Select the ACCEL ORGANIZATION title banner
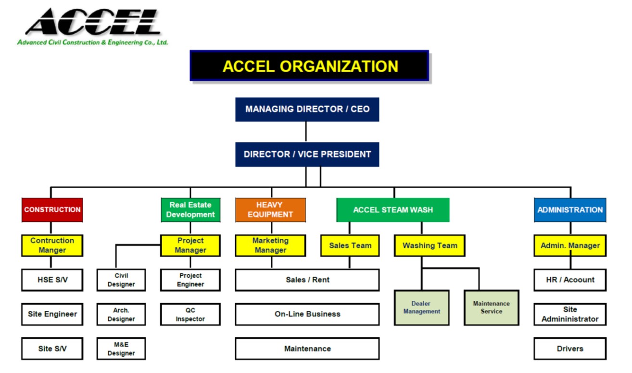309,66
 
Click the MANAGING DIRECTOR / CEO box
307,109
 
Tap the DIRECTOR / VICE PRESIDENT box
307,154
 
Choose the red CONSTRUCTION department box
52,210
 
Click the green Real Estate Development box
190,210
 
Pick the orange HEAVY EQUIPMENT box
270,210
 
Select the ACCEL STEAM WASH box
392,210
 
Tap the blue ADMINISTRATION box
569,210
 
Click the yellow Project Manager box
190,245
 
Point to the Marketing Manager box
270,245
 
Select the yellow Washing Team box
430,245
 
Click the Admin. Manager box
569,245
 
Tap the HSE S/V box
52,280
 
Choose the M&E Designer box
121,349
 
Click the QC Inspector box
190,314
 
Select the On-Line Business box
307,314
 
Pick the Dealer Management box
421,308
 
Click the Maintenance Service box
491,308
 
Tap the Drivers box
569,349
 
